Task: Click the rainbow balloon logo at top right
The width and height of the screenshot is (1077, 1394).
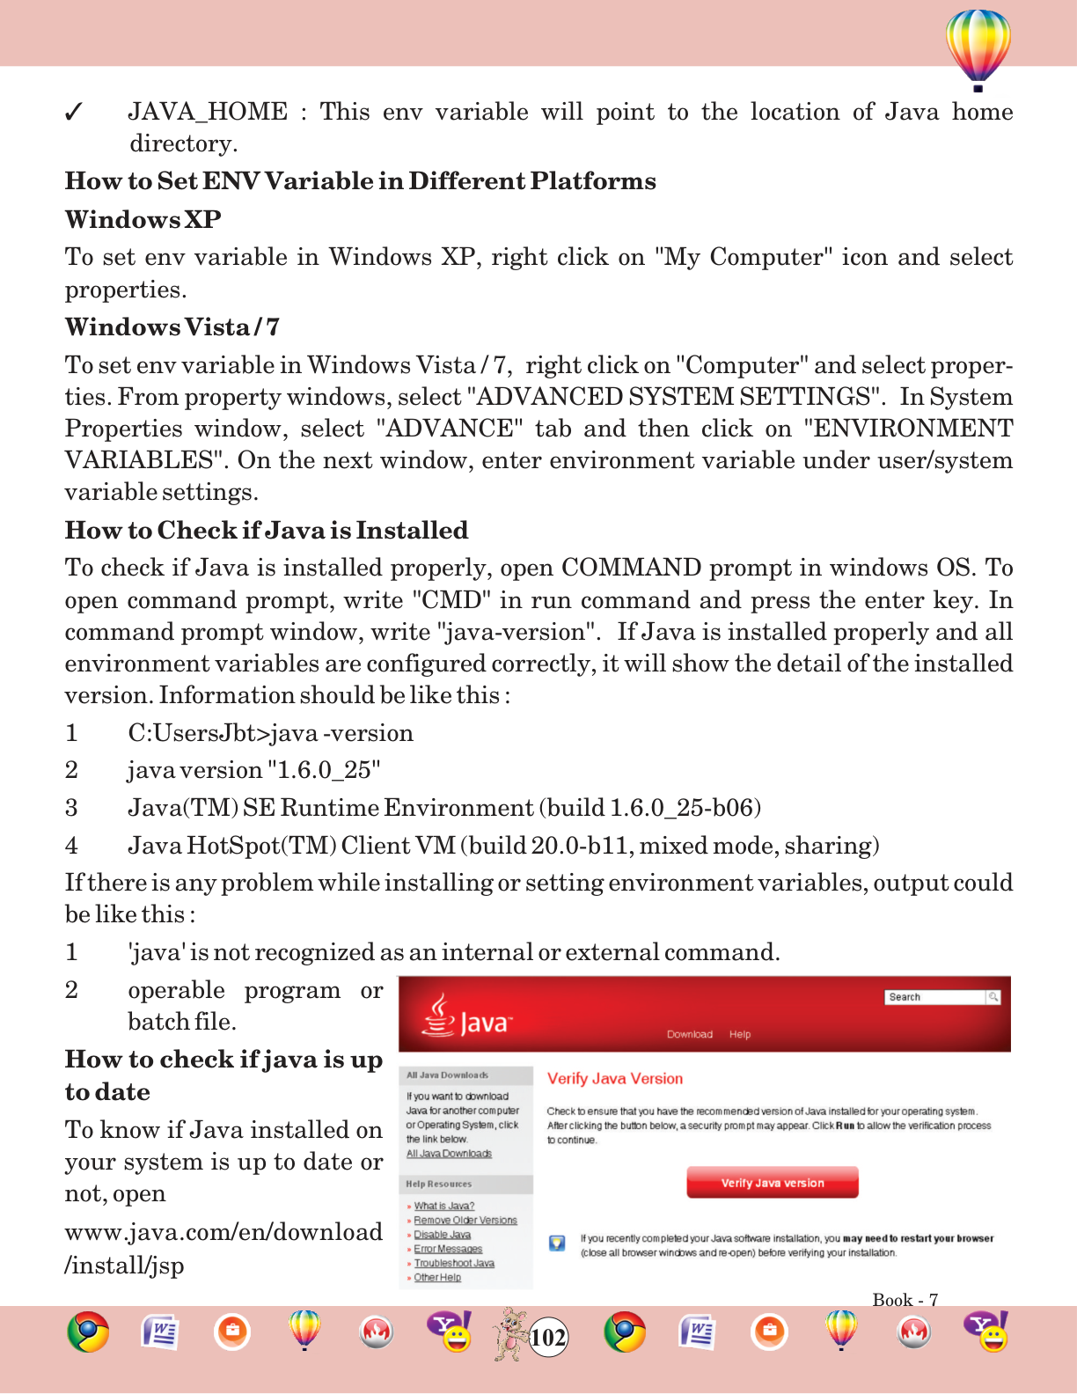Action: click(x=978, y=48)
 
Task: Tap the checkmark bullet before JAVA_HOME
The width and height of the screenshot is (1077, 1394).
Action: click(x=74, y=113)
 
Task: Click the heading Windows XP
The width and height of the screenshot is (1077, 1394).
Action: click(x=143, y=219)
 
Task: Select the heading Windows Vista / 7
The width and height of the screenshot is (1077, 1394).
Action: click(x=172, y=327)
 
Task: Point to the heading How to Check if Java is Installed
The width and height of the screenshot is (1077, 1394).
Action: click(x=267, y=531)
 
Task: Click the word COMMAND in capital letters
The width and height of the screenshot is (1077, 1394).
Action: click(x=631, y=568)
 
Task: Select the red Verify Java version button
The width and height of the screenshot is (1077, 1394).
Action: click(x=772, y=1183)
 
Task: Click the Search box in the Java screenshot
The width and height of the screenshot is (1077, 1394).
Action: click(x=936, y=997)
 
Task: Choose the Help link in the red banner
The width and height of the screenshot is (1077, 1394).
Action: click(x=740, y=1034)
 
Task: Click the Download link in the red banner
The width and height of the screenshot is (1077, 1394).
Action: click(x=689, y=1034)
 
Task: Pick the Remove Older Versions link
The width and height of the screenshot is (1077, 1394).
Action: click(x=465, y=1221)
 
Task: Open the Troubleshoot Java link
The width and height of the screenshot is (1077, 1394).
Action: click(x=454, y=1263)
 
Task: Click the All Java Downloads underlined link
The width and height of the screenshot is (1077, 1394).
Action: click(x=449, y=1154)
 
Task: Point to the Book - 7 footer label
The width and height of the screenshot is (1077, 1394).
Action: click(x=905, y=1300)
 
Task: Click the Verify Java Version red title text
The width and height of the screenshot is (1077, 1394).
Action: click(x=614, y=1079)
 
